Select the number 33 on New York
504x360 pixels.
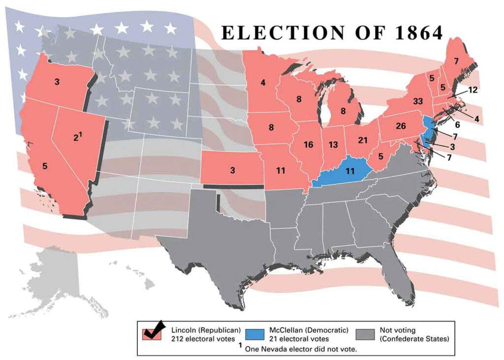[418, 101]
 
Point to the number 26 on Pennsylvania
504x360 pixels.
[401, 126]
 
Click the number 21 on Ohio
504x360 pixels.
[363, 140]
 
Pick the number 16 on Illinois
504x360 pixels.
[308, 145]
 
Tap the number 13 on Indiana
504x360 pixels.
[334, 145]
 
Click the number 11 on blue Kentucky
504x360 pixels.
[350, 171]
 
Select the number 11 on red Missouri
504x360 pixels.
[281, 171]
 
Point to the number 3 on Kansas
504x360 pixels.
[232, 170]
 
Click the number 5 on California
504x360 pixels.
[45, 166]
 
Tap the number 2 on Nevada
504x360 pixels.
[76, 138]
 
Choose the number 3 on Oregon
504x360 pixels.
[57, 82]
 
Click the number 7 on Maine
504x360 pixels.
[456, 61]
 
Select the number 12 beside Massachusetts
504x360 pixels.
[473, 90]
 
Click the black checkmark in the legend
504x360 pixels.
[154, 330]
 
